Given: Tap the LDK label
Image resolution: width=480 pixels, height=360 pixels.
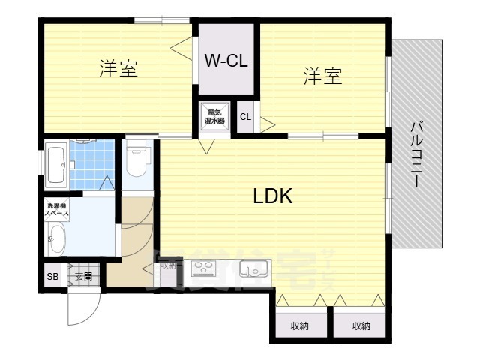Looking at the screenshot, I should pyautogui.click(x=271, y=196).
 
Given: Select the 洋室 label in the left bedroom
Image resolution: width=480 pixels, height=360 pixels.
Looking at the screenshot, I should pyautogui.click(x=118, y=70).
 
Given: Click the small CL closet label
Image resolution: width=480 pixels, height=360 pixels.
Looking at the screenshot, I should pyautogui.click(x=245, y=116).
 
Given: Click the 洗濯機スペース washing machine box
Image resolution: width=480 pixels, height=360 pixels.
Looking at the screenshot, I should pyautogui.click(x=58, y=209).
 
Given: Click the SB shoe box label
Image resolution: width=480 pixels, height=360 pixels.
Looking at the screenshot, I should pyautogui.click(x=52, y=276).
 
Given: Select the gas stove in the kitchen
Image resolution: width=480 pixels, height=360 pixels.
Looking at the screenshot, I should pyautogui.click(x=203, y=267).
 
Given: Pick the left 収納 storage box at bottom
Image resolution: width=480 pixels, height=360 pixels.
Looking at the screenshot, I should pyautogui.click(x=299, y=325).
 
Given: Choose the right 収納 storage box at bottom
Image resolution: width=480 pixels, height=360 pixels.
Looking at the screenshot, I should pyautogui.click(x=361, y=325).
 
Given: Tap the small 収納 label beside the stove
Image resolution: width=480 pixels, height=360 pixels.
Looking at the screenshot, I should pyautogui.click(x=168, y=265).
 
